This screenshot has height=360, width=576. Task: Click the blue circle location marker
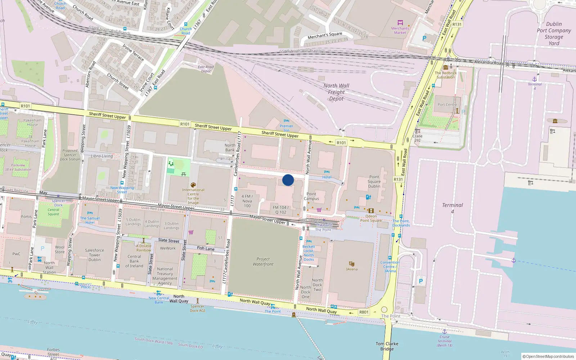pos(288,180)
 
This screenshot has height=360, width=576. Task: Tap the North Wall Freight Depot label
pos(336,92)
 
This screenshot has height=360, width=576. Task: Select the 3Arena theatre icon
pos(352,264)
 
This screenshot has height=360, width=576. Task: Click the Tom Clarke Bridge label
pos(387,346)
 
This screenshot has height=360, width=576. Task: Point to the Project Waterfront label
pos(263,262)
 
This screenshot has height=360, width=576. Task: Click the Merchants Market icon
pos(400,23)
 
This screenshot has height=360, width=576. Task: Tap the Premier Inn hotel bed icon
pos(286,121)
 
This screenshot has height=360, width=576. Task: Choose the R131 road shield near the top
pos(457,24)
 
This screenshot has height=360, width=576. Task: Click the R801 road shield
pos(364,312)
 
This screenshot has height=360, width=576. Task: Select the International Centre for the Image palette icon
pos(193,185)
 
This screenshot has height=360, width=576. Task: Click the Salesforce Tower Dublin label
pos(95,255)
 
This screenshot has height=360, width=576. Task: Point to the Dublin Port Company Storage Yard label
pos(554,34)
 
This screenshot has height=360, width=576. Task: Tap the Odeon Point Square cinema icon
pos(371,211)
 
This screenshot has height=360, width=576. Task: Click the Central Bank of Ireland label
pos(134,261)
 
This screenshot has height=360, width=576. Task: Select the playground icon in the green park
pos(171,164)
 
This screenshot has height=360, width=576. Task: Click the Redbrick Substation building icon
pos(446,67)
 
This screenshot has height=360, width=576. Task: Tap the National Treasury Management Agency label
pos(165,276)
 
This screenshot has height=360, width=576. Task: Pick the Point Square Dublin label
pos(374,181)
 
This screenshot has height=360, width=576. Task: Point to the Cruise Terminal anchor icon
pos(445,332)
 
